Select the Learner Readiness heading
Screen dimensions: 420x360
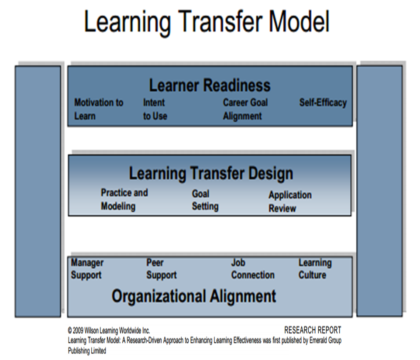coord(210,86)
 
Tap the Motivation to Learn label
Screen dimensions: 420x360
coord(99,109)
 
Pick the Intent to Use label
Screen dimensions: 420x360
coord(155,109)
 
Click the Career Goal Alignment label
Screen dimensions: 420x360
coord(245,109)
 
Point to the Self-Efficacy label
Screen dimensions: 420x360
coord(323,103)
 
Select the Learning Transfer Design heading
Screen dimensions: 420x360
coord(211,173)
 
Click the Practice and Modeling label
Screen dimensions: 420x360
coord(124,199)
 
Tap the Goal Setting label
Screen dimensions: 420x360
coord(205,200)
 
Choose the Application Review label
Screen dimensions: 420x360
coord(290,202)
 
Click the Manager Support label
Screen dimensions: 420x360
coord(87,269)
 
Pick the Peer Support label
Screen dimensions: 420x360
coord(162,269)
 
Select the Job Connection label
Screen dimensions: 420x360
coord(253,269)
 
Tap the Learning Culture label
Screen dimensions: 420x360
coord(315,269)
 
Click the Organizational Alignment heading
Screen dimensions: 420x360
coord(194,297)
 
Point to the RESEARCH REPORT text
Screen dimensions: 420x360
coord(313,330)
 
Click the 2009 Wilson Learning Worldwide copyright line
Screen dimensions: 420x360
coord(109,331)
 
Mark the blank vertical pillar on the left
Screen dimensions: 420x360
coord(38,192)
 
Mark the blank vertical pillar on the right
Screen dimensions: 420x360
coord(379,191)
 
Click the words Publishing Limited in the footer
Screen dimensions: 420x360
coord(87,351)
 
